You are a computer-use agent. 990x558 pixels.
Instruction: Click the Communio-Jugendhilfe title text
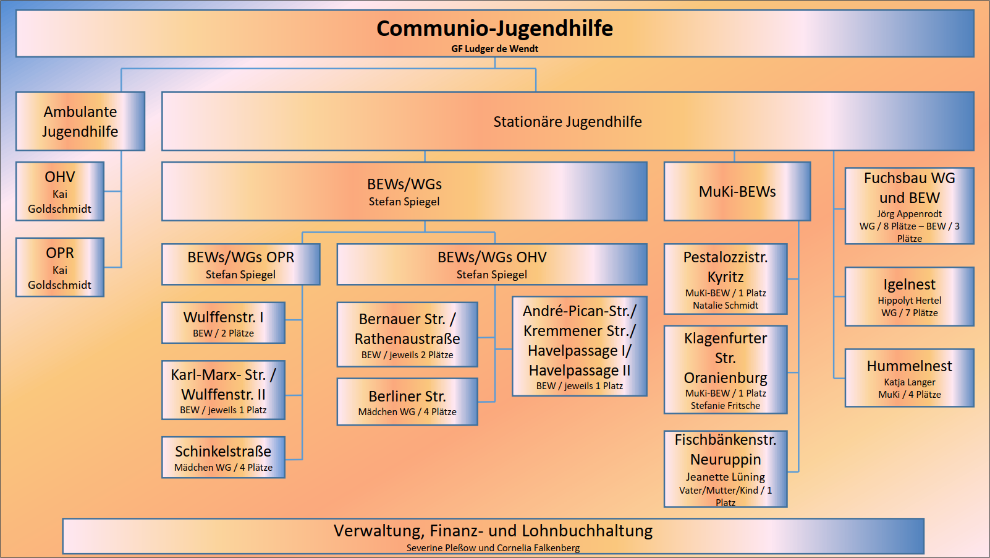(494, 28)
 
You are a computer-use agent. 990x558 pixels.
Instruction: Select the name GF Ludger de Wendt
(494, 49)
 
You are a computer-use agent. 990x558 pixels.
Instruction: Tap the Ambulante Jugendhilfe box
(80, 121)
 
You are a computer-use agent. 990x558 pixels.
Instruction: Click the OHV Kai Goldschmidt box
(60, 191)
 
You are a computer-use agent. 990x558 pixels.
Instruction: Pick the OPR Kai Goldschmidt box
(60, 267)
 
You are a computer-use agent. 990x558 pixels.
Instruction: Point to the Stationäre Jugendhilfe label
(567, 122)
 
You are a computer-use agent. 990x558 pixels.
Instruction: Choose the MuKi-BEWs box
(737, 191)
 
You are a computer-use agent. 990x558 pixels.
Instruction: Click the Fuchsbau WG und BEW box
(910, 206)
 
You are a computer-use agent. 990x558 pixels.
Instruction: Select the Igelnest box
(910, 296)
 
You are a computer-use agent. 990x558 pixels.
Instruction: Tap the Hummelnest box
(910, 378)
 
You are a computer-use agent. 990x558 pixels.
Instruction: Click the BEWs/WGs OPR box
(241, 264)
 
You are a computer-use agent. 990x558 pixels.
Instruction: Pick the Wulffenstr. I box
(223, 323)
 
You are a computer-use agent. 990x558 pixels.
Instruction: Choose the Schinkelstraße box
(223, 458)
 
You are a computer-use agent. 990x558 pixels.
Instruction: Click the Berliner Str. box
(407, 401)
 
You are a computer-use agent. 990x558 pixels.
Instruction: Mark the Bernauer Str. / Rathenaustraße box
(407, 335)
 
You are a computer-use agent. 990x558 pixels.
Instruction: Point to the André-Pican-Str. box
(580, 346)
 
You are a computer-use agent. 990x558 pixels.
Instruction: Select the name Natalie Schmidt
(726, 306)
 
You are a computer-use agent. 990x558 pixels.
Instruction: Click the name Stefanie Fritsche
(726, 405)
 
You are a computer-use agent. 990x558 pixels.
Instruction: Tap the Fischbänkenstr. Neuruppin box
(726, 469)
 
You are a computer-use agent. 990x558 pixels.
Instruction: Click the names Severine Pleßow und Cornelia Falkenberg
(493, 548)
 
